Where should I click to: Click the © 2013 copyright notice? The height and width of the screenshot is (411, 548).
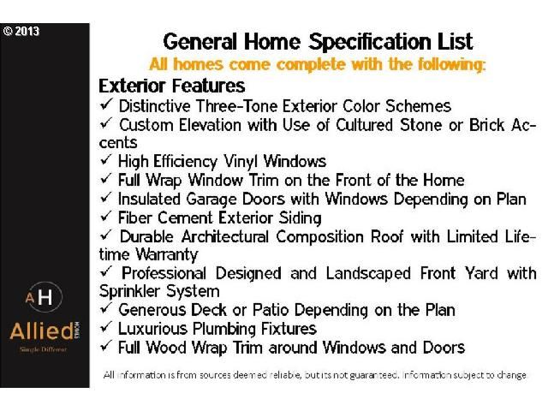click(21, 31)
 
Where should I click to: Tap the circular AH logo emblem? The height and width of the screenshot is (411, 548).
click(45, 297)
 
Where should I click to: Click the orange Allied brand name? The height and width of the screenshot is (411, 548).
click(42, 331)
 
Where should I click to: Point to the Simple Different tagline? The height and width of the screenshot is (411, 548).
click(43, 349)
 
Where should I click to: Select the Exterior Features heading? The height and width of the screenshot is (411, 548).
click(171, 86)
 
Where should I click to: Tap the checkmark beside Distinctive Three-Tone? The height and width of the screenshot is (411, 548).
click(106, 104)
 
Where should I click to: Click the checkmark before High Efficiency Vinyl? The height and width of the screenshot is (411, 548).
click(106, 159)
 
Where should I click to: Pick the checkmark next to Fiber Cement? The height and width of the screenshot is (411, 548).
click(106, 216)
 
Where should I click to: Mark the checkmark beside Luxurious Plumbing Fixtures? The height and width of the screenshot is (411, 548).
click(106, 327)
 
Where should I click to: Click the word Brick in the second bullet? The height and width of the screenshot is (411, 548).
click(486, 125)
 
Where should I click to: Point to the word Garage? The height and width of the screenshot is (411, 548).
click(211, 200)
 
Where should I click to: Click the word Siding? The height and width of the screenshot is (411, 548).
click(300, 218)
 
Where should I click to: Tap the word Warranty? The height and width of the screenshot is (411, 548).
click(167, 255)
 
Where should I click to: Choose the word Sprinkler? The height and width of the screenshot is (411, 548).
click(128, 291)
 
